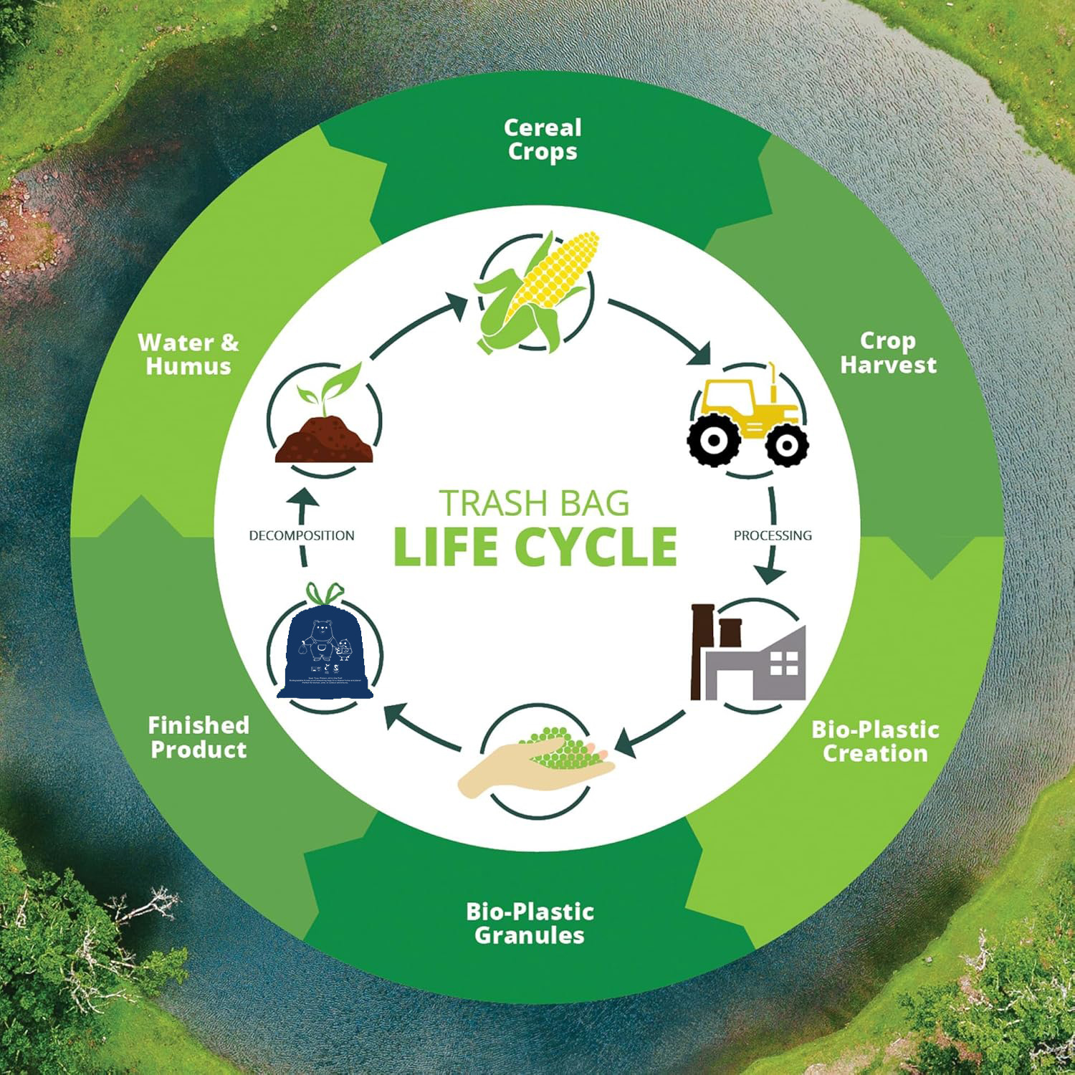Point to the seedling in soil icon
click(x=325, y=423)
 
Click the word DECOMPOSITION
click(x=302, y=535)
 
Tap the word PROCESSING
click(x=773, y=535)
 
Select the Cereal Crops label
click(x=543, y=140)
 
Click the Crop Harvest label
click(x=888, y=353)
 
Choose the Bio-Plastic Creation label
click(x=875, y=741)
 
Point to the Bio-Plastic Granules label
click(x=530, y=923)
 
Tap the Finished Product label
click(x=199, y=737)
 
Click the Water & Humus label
click(x=188, y=354)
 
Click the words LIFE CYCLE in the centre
click(x=535, y=548)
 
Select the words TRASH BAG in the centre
click(x=535, y=503)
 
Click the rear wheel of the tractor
click(x=713, y=441)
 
